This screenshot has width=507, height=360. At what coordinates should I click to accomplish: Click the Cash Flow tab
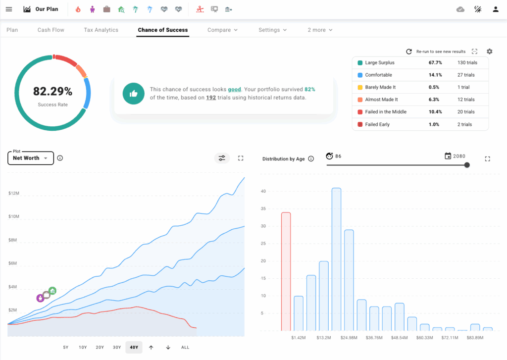click(51, 30)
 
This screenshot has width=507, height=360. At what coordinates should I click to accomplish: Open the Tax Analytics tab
click(101, 30)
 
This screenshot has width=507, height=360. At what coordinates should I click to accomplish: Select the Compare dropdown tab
click(222, 30)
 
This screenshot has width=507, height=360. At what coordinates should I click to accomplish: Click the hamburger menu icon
click(9, 9)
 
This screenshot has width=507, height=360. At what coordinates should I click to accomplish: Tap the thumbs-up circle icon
click(133, 94)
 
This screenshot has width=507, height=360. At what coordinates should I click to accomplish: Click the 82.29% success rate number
click(52, 91)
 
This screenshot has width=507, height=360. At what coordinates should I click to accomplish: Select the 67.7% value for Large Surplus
click(435, 63)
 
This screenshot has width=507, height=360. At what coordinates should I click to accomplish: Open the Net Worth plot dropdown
click(31, 158)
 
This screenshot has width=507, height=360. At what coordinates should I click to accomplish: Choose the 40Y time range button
click(134, 347)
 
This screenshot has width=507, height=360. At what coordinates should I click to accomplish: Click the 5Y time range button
click(66, 347)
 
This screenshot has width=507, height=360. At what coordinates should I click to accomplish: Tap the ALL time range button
click(185, 347)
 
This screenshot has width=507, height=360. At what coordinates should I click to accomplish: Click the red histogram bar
click(286, 271)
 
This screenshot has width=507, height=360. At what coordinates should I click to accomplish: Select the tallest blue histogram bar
click(336, 259)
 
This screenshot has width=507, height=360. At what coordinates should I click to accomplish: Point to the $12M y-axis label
click(14, 193)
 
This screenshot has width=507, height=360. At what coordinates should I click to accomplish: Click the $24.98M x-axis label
click(349, 338)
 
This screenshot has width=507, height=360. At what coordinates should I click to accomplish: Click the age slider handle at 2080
click(467, 165)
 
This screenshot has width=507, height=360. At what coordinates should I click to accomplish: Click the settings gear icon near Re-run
click(490, 51)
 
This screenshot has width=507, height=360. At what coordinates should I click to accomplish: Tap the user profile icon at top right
click(496, 9)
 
